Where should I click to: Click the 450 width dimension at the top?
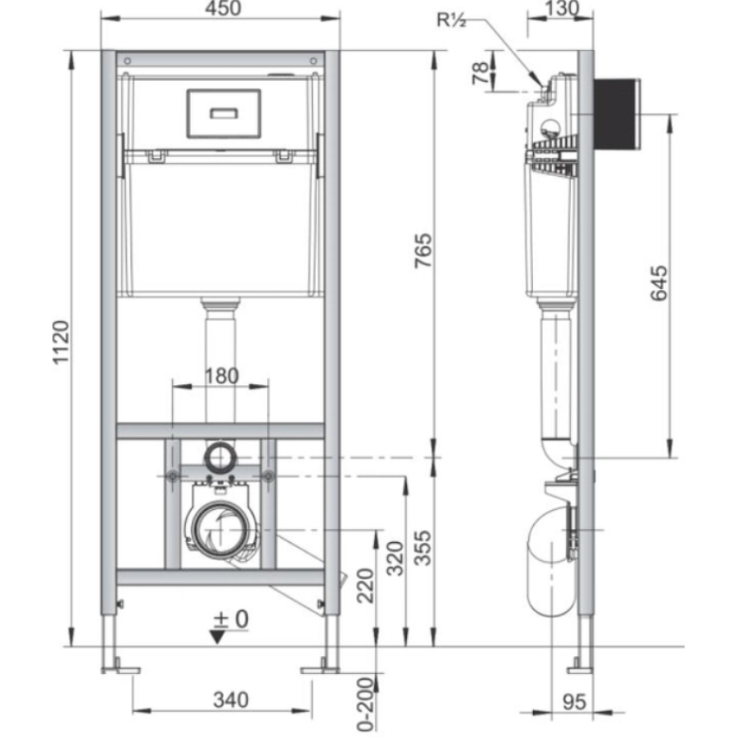(x=224, y=8)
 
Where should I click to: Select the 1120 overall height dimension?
(x=61, y=342)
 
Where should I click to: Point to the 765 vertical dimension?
(x=423, y=251)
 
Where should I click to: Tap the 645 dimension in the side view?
(x=659, y=283)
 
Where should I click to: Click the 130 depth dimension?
(x=562, y=8)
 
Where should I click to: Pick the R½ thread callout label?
(x=451, y=20)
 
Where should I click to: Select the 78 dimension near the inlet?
(x=481, y=73)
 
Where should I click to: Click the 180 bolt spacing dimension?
(x=222, y=376)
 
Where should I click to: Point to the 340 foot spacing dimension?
(x=231, y=700)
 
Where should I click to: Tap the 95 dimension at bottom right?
(x=574, y=702)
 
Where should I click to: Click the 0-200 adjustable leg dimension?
(x=365, y=703)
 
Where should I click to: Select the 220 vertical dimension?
(x=365, y=586)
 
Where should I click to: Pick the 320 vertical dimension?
(x=395, y=558)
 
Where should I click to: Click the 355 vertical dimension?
(x=423, y=548)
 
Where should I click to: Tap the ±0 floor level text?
(x=231, y=620)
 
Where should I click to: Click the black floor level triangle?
(x=218, y=637)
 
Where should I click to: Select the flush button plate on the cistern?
(x=224, y=113)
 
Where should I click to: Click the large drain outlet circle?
(x=220, y=529)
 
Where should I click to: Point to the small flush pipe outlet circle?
(x=220, y=456)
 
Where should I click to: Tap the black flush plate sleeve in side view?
(x=617, y=114)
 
